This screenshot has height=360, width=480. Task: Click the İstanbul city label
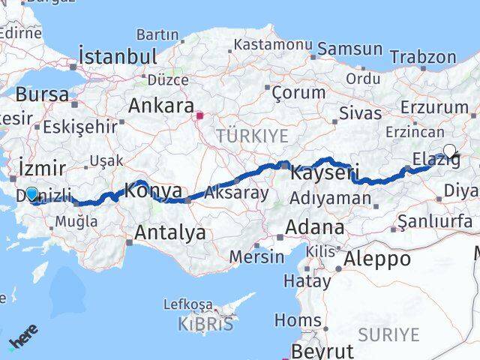(118, 56)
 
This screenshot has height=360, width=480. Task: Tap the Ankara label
(161, 106)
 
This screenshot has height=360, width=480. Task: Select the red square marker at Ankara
(199, 116)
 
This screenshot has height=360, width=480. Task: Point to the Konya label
(153, 190)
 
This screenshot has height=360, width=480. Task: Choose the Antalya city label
(169, 232)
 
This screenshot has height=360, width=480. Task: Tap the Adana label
(314, 226)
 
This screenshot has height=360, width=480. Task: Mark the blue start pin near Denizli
(31, 194)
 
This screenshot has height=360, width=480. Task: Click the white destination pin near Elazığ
(449, 150)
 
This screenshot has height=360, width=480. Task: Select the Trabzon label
(422, 57)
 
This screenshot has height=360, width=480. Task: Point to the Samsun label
(349, 49)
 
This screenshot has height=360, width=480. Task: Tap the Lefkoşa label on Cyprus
(188, 304)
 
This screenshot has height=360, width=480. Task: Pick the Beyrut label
(322, 351)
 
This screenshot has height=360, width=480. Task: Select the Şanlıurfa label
(435, 221)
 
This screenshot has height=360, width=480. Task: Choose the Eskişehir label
(81, 126)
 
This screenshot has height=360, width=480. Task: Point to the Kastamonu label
(272, 45)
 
